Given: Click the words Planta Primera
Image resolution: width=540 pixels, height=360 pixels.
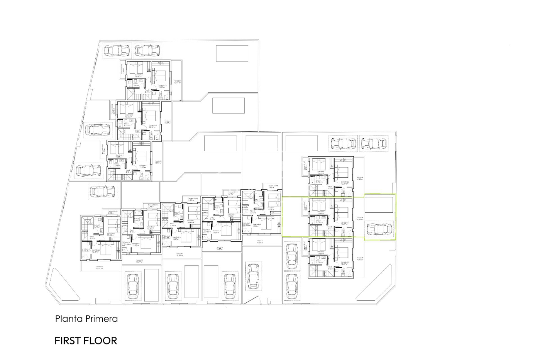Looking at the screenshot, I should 86,319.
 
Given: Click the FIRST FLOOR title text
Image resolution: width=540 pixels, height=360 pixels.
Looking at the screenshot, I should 86,341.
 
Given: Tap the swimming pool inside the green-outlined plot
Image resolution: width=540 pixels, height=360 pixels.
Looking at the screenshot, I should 379,205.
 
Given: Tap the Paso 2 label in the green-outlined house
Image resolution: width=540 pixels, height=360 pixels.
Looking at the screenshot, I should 330,227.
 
